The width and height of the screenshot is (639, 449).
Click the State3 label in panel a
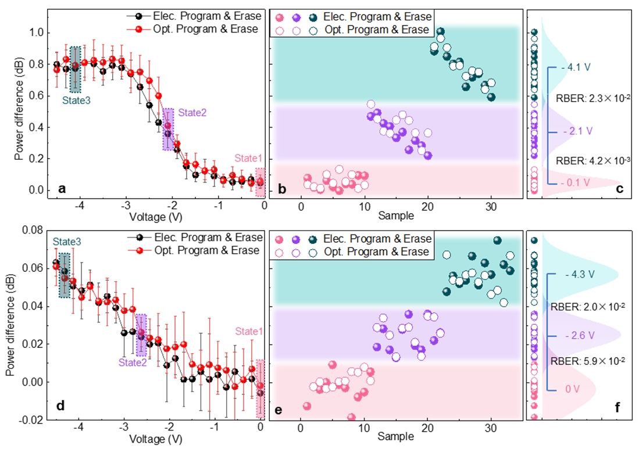(76, 99)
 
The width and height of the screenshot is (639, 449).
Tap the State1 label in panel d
(249, 331)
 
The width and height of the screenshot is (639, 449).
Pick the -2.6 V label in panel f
(579, 336)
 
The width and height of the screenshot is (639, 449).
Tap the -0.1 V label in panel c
(577, 182)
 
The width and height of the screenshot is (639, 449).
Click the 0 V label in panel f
(573, 389)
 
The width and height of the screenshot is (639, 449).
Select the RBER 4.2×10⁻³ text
(592, 159)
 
